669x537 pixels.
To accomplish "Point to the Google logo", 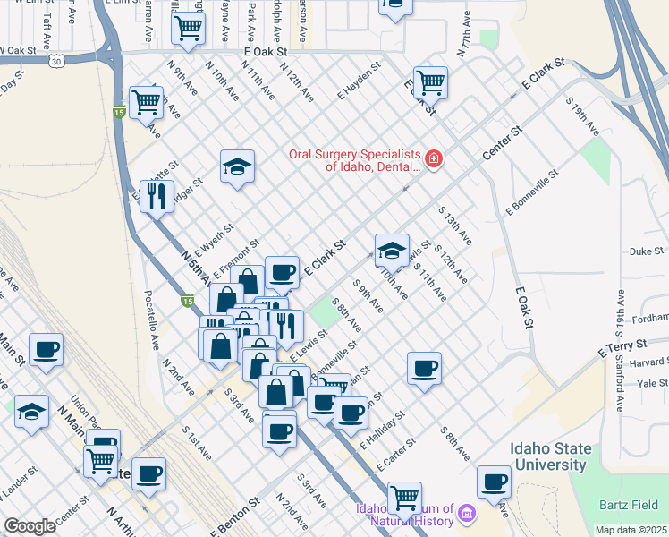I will [30, 526].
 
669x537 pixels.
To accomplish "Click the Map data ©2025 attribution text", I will [631, 530].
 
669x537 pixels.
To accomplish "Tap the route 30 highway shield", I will [57, 62].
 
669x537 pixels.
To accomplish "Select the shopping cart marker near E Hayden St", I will [430, 83].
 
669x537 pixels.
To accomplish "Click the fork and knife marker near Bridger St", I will [157, 195].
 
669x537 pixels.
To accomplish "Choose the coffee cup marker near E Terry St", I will [424, 367].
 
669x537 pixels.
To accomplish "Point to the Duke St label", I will [648, 252].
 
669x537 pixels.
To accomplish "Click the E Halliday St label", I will [383, 430].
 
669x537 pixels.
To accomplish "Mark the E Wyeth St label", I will [214, 239].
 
